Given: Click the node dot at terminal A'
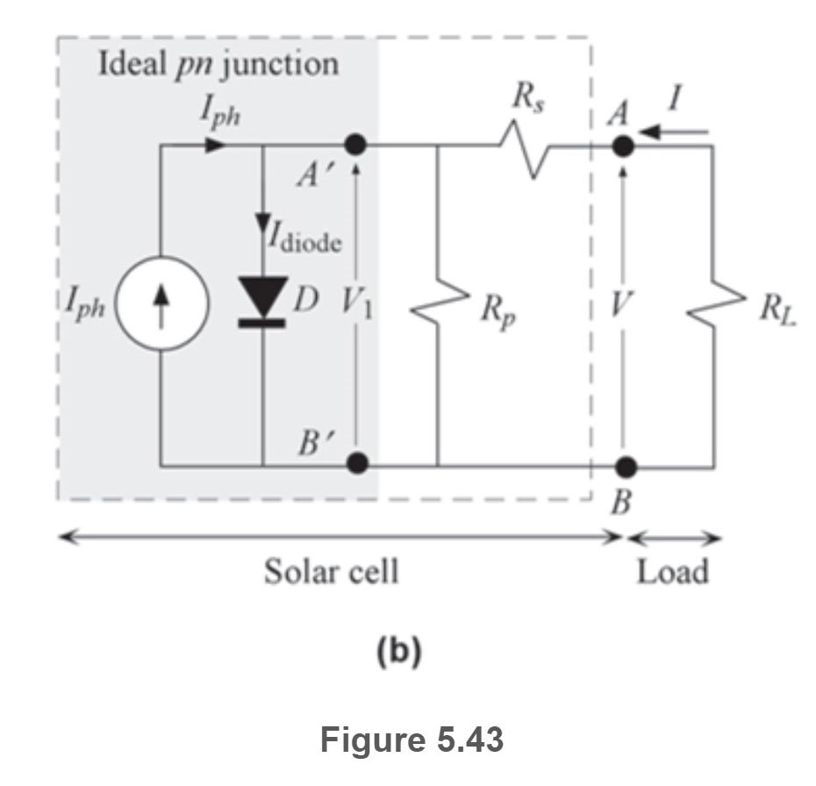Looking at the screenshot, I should coord(354,146).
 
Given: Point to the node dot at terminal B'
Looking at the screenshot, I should coord(354,463).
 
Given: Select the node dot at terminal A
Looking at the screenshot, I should coord(622,146).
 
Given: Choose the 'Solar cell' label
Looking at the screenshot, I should coord(331,572).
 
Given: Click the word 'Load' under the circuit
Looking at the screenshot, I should coord(673,572).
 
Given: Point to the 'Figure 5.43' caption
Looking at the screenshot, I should coord(412,740).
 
